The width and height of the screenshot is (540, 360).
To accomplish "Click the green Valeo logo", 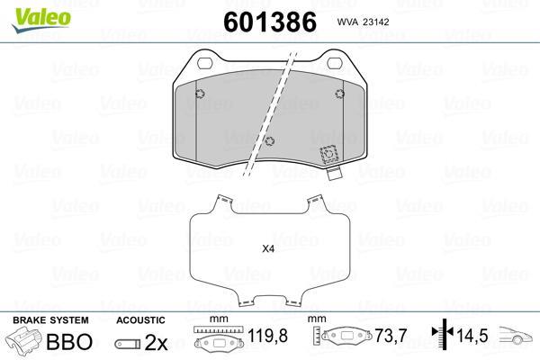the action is coord(41,20).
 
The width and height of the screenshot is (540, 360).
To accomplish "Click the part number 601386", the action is coord(270,22).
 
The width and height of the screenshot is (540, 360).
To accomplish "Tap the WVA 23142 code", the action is coord(363,22).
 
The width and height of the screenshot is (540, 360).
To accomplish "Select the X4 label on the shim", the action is coord(268,248).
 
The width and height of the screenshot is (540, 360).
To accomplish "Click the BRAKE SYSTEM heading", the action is coord(50,320).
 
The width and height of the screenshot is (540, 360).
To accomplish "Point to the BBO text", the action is coord(69,341).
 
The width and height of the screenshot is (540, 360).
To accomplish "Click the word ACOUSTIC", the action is coord(140,320).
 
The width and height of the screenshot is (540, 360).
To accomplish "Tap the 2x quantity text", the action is coord(156,342).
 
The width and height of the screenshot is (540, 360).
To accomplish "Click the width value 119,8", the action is coord(267,335).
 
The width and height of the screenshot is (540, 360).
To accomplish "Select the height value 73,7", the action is coord(391,335).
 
